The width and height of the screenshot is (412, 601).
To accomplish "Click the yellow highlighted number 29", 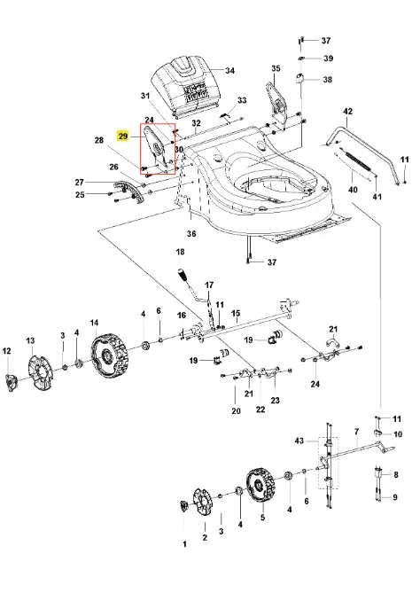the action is point(122,137).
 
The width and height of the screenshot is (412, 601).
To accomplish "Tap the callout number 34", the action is point(230,71).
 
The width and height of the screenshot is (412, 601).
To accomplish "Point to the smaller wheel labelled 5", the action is point(260,486).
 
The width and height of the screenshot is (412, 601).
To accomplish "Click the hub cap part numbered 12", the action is point(12,382).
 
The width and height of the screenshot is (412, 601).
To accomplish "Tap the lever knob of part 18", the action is point(183,275).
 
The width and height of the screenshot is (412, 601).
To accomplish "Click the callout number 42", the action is point(347,112).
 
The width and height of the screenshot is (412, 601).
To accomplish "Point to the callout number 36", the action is point(191,233).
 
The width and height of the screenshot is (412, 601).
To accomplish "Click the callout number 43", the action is point(299,441).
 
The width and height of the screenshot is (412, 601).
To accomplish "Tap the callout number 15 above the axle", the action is point(236,314).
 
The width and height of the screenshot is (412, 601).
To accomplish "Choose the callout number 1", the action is point(184,544).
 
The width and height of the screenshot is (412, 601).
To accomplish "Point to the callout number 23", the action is point(276,400).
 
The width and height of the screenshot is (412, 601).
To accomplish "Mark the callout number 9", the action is point(395,497).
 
